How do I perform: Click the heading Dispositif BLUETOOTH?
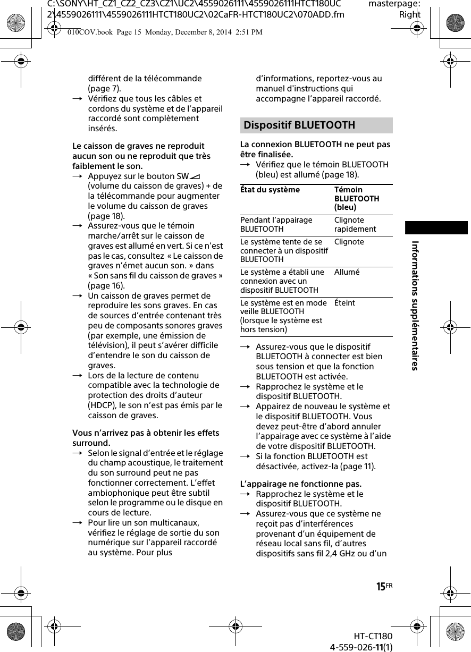coord(299,125)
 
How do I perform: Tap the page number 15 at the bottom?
coord(381,587)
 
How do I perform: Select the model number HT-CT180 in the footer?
coord(373,637)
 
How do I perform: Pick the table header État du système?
coord(270,190)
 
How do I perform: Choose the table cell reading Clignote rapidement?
coord(355,225)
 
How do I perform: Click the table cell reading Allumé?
coord(347,272)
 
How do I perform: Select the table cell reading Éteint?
coord(344,303)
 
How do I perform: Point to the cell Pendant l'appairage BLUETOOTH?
coord(276,225)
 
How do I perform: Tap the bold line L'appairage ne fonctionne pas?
coord(301,484)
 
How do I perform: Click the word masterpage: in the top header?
coord(394,4)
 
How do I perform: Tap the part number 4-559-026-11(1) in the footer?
coord(361,647)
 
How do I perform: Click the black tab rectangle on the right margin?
coord(436,227)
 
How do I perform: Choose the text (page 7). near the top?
coord(104,88)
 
